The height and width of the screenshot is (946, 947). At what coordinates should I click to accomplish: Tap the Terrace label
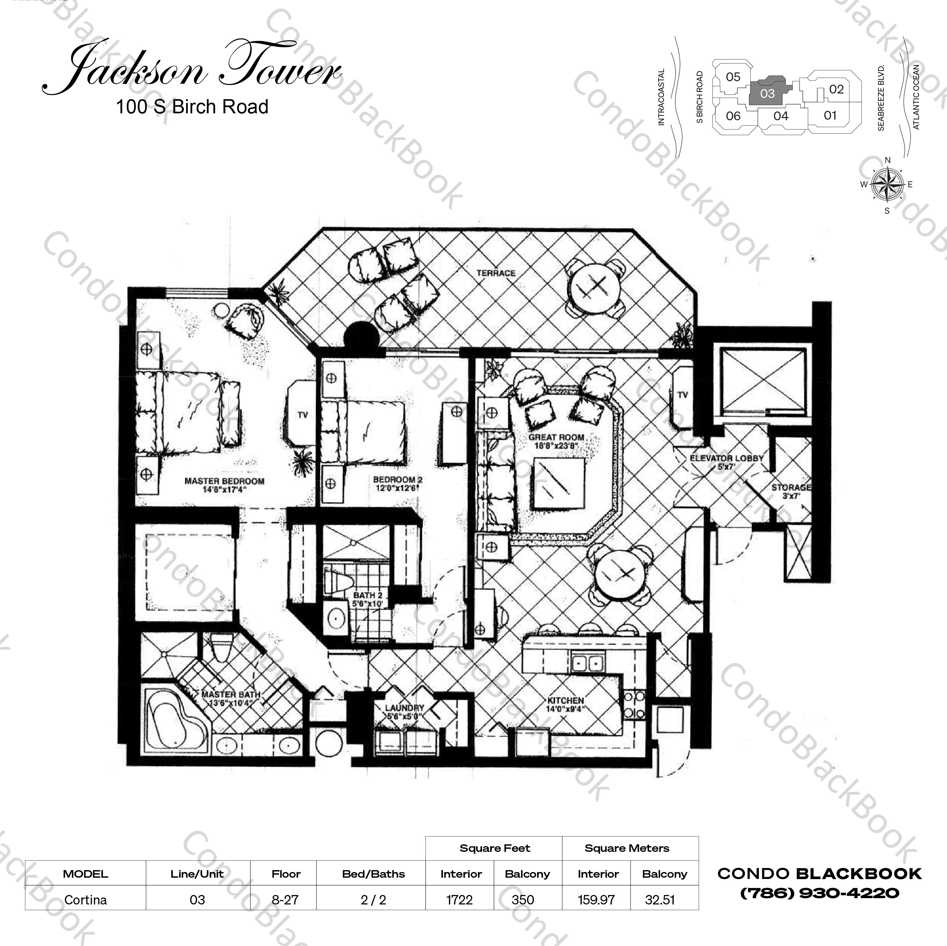pyautogui.click(x=496, y=273)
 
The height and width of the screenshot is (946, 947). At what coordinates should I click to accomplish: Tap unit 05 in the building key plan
pyautogui.click(x=733, y=77)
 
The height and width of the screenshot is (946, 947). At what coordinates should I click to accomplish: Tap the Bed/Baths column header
pyautogui.click(x=373, y=874)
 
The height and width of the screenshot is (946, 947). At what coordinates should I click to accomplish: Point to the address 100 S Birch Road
pyautogui.click(x=192, y=107)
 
